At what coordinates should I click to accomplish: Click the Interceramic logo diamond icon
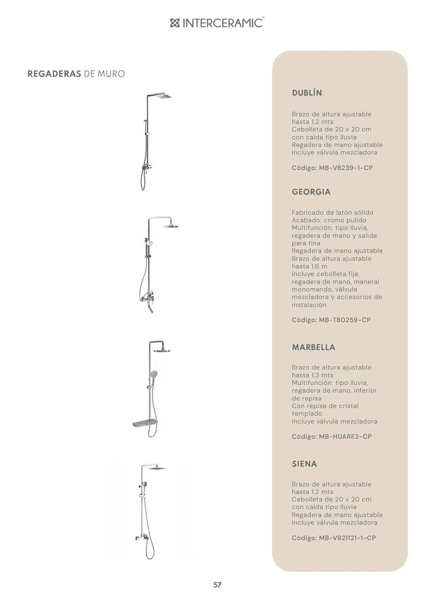[x=175, y=23]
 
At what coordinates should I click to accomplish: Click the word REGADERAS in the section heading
[x=54, y=74]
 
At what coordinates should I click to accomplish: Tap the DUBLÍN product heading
[x=307, y=93]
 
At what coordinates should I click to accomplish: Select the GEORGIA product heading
[x=311, y=192]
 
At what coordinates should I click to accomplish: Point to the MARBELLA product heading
[x=313, y=347]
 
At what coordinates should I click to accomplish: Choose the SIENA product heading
[x=304, y=464]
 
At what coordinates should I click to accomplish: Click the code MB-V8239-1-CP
[x=346, y=168]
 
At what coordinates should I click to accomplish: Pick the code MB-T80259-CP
[x=344, y=320]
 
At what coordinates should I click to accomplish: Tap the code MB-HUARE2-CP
[x=345, y=436]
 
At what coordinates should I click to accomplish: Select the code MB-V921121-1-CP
[x=347, y=538]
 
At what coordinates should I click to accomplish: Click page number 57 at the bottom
[x=217, y=585]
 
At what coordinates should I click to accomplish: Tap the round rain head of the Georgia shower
[x=171, y=226]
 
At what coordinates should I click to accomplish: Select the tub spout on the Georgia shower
[x=151, y=308]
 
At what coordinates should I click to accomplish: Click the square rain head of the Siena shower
[x=158, y=468]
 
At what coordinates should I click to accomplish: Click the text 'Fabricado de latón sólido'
[x=332, y=212]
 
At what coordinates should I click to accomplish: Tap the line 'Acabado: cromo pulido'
[x=329, y=220]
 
